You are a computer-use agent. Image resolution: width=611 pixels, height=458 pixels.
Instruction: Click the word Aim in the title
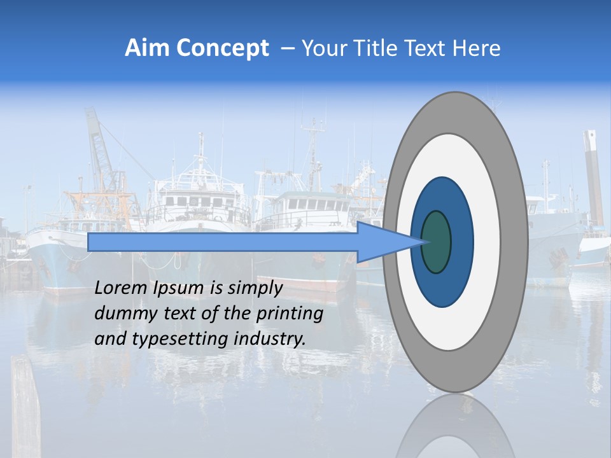coord(148,49)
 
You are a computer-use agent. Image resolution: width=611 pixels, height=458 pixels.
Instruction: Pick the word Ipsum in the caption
coord(178,288)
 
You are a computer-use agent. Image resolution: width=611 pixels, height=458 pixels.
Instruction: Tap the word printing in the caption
coord(290,314)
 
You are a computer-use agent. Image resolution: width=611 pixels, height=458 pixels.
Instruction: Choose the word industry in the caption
coord(270,339)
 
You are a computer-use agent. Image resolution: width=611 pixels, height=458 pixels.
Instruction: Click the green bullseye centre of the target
coord(436,242)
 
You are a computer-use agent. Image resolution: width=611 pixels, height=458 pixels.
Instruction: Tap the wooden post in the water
coord(25,407)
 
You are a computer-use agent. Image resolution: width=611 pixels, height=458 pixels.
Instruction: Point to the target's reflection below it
coord(456,426)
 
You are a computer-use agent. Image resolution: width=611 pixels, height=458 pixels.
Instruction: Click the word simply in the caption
coord(255,288)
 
